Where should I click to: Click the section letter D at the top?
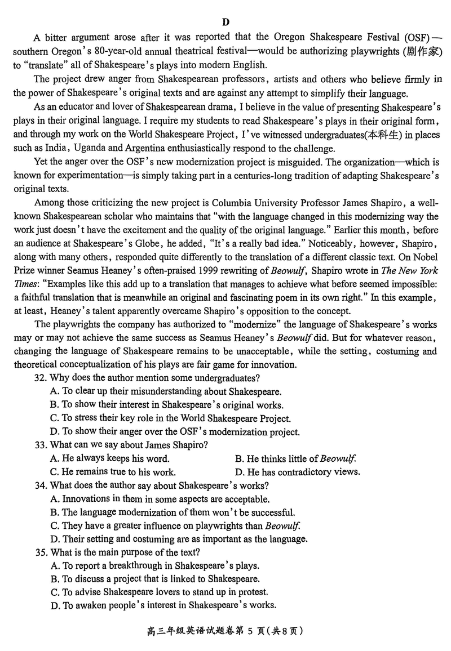click(x=225, y=23)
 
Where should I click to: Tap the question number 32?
click(x=41, y=378)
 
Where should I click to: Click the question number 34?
click(x=41, y=485)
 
